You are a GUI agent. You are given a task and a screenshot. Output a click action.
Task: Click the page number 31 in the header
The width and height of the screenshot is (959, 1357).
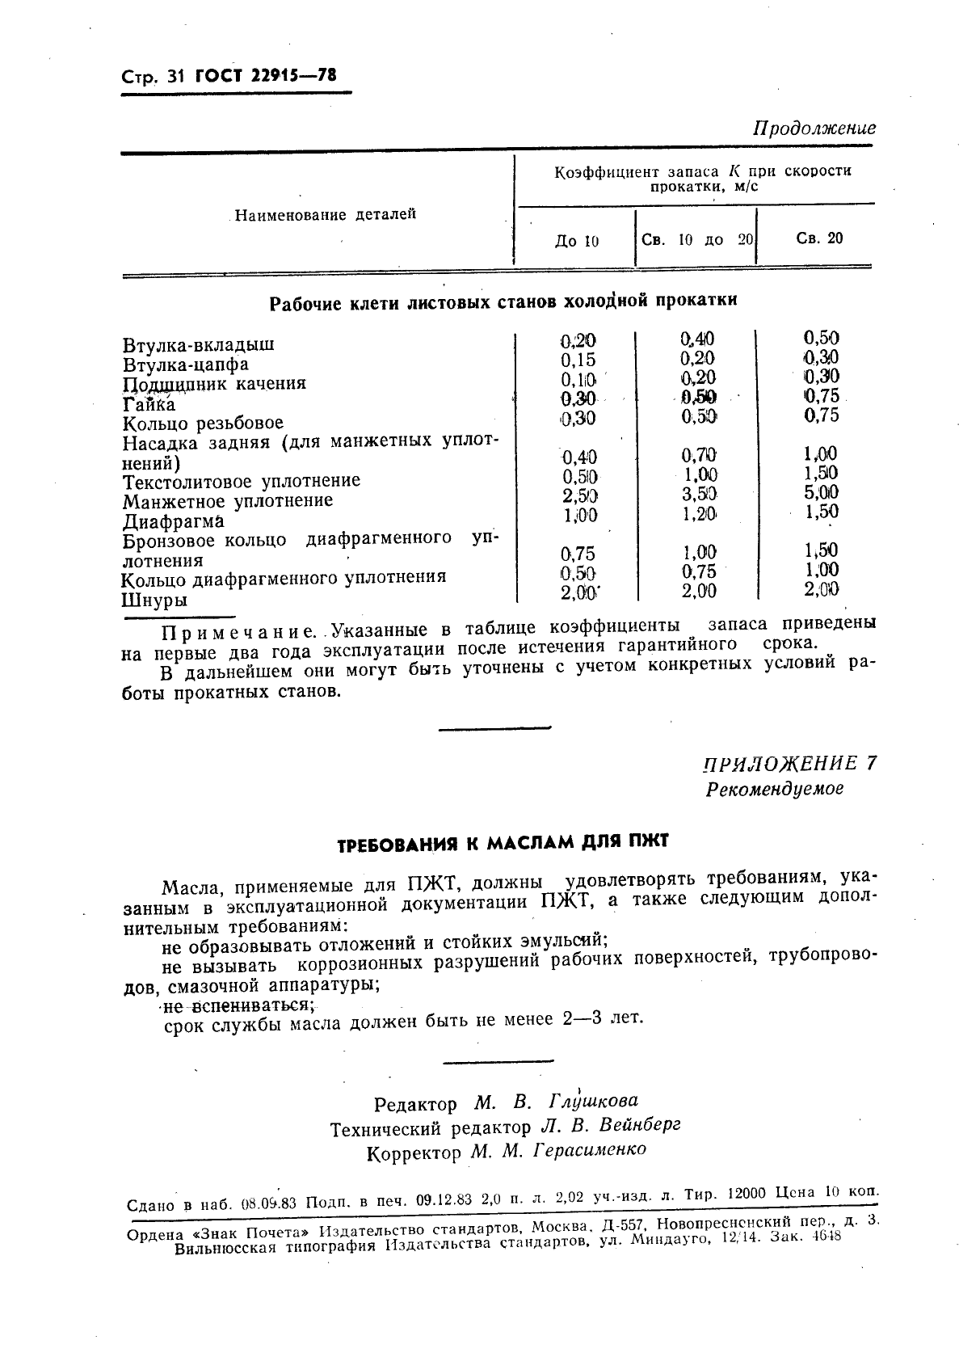pos(175,77)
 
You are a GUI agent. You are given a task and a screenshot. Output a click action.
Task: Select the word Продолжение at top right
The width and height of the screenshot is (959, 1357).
pos(814,129)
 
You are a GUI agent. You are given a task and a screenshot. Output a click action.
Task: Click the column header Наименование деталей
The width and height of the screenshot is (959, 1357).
pos(325,215)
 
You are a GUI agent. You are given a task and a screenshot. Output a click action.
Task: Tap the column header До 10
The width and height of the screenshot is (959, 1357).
pos(577,241)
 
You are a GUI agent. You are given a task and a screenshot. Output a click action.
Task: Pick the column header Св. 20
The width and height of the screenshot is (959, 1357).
pos(819,238)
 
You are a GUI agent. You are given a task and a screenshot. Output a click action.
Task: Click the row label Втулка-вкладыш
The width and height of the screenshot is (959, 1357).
pos(199,344)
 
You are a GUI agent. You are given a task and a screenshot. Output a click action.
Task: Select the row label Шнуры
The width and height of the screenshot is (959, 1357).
pos(154,601)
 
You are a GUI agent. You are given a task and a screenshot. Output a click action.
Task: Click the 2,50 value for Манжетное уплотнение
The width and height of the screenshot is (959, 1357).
pos(580,495)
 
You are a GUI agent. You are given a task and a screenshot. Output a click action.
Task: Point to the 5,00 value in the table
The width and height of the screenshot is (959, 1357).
pos(821,492)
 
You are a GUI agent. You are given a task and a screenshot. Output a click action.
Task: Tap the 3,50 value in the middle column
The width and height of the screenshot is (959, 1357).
pos(699,494)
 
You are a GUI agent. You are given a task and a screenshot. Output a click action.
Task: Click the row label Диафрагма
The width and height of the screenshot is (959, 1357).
pos(173,521)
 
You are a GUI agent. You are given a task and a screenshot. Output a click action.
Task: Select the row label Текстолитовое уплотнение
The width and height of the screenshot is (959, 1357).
pos(242,482)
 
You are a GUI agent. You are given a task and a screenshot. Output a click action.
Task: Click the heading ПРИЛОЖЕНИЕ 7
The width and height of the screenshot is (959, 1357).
pos(789,764)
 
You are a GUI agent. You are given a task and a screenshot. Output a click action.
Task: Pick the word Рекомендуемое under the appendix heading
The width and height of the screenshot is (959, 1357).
pos(774,789)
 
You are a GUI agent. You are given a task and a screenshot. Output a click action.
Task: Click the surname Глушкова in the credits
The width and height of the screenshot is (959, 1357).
pos(593,1101)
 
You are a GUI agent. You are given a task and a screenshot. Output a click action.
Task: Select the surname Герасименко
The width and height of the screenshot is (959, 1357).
pos(590,1149)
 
